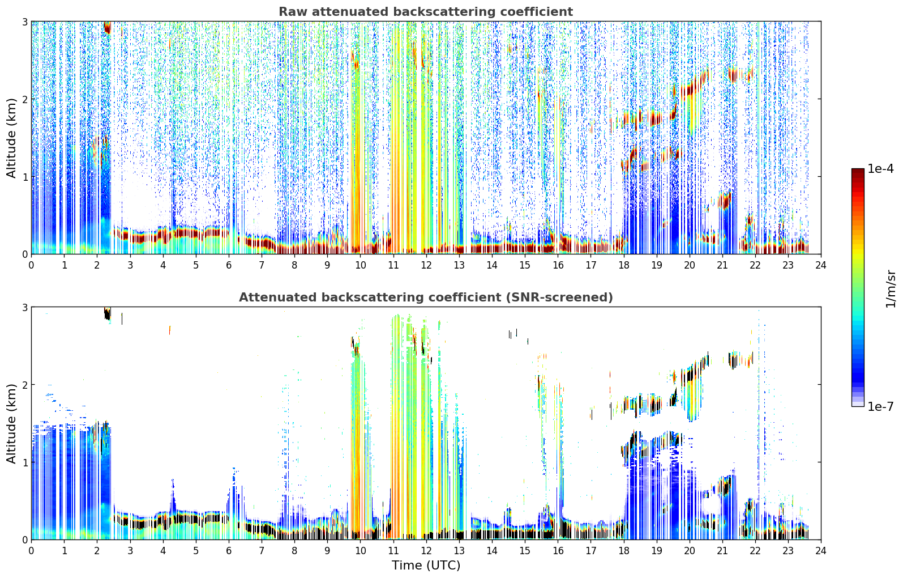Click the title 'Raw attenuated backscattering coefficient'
(x=426, y=12)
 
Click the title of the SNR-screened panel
(x=426, y=297)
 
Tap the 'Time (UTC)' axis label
(x=426, y=565)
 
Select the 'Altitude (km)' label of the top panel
(x=11, y=138)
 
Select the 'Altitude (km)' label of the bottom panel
(x=11, y=423)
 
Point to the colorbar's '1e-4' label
(x=881, y=169)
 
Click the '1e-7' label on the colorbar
(x=881, y=406)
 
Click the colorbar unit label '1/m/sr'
(x=891, y=290)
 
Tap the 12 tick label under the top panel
(x=426, y=265)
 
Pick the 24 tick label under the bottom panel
(x=821, y=551)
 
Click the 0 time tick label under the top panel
(x=32, y=265)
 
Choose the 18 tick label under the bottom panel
(x=624, y=551)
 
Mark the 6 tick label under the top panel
(x=229, y=265)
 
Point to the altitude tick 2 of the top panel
(x=24, y=99)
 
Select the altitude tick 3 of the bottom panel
(x=24, y=308)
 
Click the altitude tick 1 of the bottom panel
(x=24, y=462)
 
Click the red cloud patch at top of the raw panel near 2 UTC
(x=107, y=27)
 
